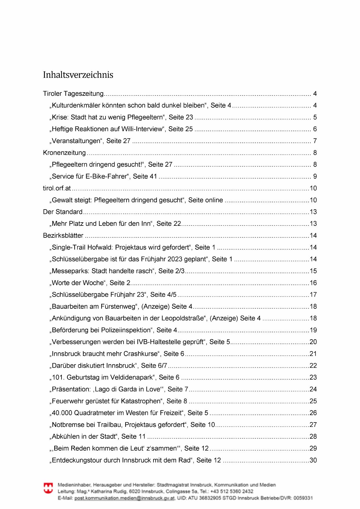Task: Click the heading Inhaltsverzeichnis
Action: click(78, 75)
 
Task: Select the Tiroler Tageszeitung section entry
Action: click(73, 94)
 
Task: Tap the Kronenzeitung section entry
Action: click(64, 153)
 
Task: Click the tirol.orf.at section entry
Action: click(57, 188)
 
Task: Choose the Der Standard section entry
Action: click(63, 212)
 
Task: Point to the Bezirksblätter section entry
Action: click(63, 236)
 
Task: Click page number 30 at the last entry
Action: click(313, 460)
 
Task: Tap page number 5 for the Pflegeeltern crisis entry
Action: click(315, 118)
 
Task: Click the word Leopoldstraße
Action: click(182, 318)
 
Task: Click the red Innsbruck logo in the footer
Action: click(48, 488)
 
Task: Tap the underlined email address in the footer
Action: click(124, 498)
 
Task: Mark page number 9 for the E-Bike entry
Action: click(315, 177)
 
